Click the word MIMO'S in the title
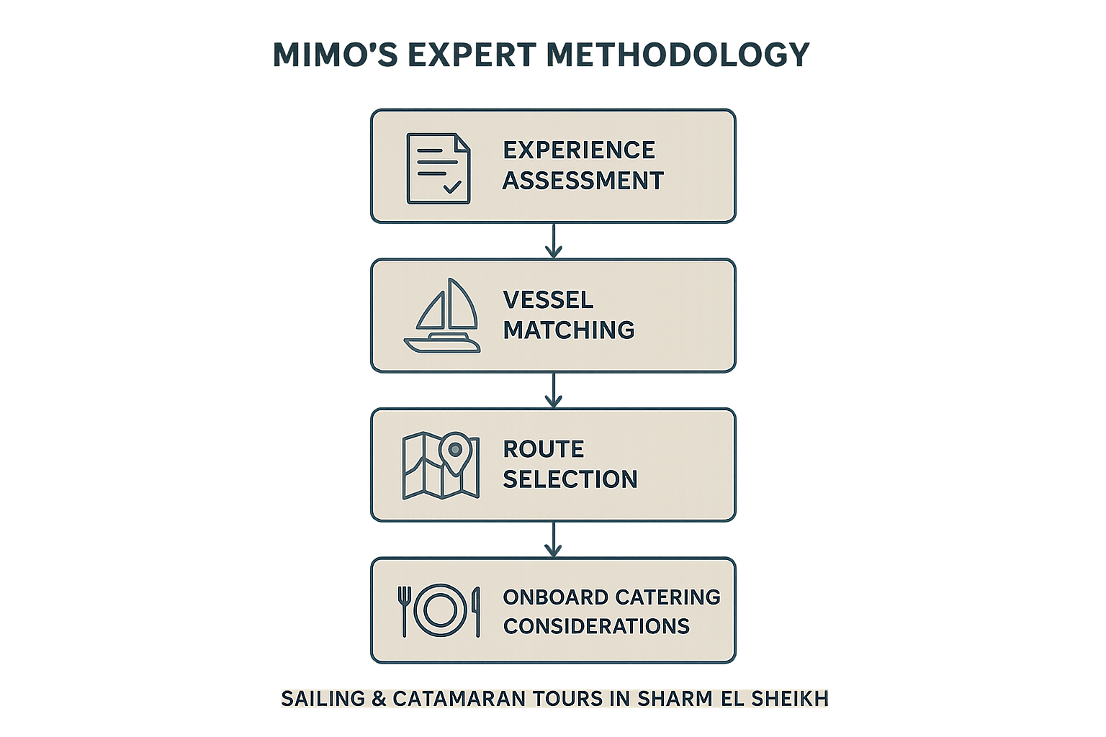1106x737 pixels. (336, 54)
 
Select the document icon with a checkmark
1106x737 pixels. (439, 168)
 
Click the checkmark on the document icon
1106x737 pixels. (452, 187)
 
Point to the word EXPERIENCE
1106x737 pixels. (579, 150)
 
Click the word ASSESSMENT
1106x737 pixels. (583, 181)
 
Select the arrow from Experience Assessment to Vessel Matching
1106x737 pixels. (554, 241)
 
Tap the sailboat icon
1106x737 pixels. (442, 315)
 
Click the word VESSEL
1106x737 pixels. (548, 300)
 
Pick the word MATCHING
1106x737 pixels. (569, 330)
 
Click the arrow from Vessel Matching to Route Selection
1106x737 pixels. (554, 391)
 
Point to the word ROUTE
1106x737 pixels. (544, 449)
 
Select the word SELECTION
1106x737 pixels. (570, 480)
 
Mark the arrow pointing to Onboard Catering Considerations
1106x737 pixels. (554, 540)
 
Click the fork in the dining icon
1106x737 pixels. (405, 611)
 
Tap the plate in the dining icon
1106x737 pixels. (441, 610)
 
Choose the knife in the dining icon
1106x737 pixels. (477, 612)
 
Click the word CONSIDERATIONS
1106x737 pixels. (596, 626)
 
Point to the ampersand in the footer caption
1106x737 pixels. (379, 699)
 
